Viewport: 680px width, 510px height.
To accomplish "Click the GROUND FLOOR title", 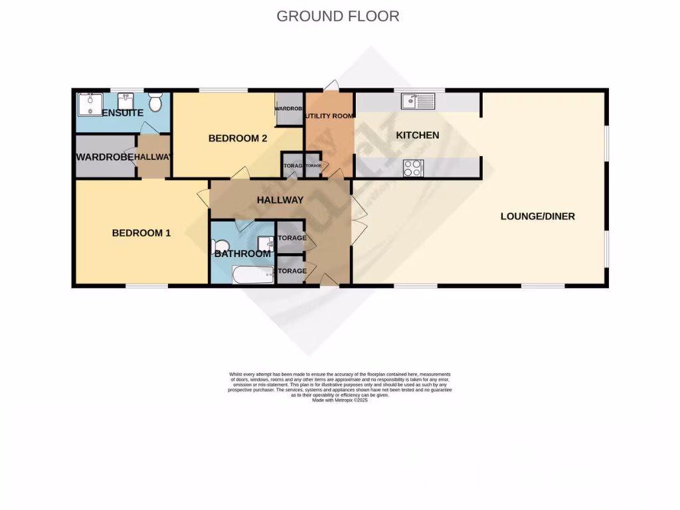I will pos(338,16).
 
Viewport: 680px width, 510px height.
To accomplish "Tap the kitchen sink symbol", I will pos(418,102).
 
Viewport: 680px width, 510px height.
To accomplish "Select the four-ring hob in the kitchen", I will pos(412,169).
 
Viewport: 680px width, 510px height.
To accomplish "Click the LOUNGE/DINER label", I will pos(537,216).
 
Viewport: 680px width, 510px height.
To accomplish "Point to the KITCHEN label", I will pos(418,135).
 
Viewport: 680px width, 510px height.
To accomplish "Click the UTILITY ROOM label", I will pos(329,116).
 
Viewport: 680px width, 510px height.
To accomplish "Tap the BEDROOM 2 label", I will pos(238,139).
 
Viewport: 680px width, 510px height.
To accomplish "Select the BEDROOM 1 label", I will pos(141,233).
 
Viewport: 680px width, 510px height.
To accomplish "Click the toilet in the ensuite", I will pos(155,102).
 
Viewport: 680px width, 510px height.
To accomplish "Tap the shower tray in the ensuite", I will pos(88,104).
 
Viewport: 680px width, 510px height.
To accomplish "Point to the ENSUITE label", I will pos(123,114).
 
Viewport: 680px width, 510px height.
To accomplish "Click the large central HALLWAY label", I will pos(280,200).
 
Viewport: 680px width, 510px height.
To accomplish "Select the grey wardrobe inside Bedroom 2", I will pos(290,108).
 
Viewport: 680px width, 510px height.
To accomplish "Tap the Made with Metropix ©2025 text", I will pos(339,400).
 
